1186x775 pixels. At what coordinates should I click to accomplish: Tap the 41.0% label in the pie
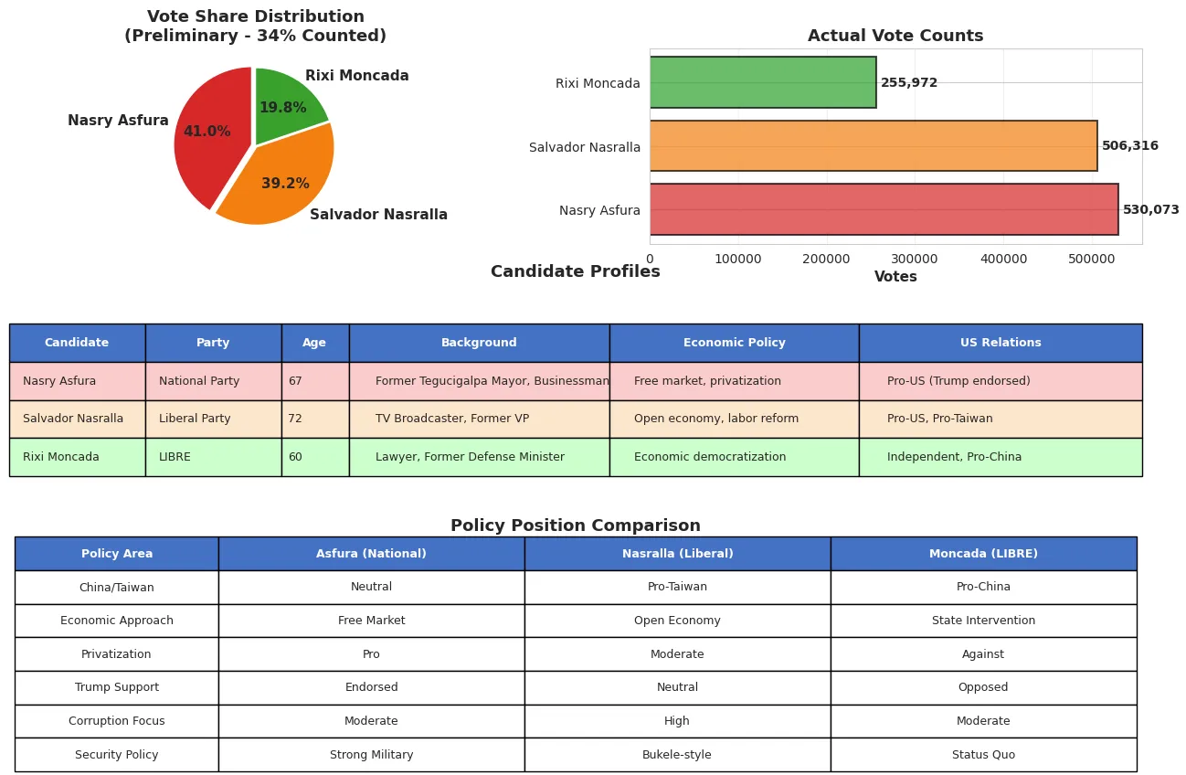[206, 132]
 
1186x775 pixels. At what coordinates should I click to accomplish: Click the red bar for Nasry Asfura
[883, 209]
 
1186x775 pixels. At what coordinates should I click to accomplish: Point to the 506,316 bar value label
[1129, 146]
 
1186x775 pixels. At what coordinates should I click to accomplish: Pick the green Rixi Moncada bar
[762, 83]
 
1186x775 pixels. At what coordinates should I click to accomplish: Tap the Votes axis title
[895, 277]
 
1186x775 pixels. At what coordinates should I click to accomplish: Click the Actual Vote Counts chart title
[895, 37]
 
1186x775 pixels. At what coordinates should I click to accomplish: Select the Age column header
[314, 343]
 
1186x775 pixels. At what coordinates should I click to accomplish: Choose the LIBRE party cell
[213, 457]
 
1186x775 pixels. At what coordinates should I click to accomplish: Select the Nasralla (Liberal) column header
[677, 554]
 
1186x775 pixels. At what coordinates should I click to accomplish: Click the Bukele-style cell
[677, 755]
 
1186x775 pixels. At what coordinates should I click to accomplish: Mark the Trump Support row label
[117, 687]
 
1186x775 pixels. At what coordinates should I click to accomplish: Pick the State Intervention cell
[983, 621]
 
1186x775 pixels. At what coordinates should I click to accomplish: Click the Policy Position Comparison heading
[575, 526]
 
